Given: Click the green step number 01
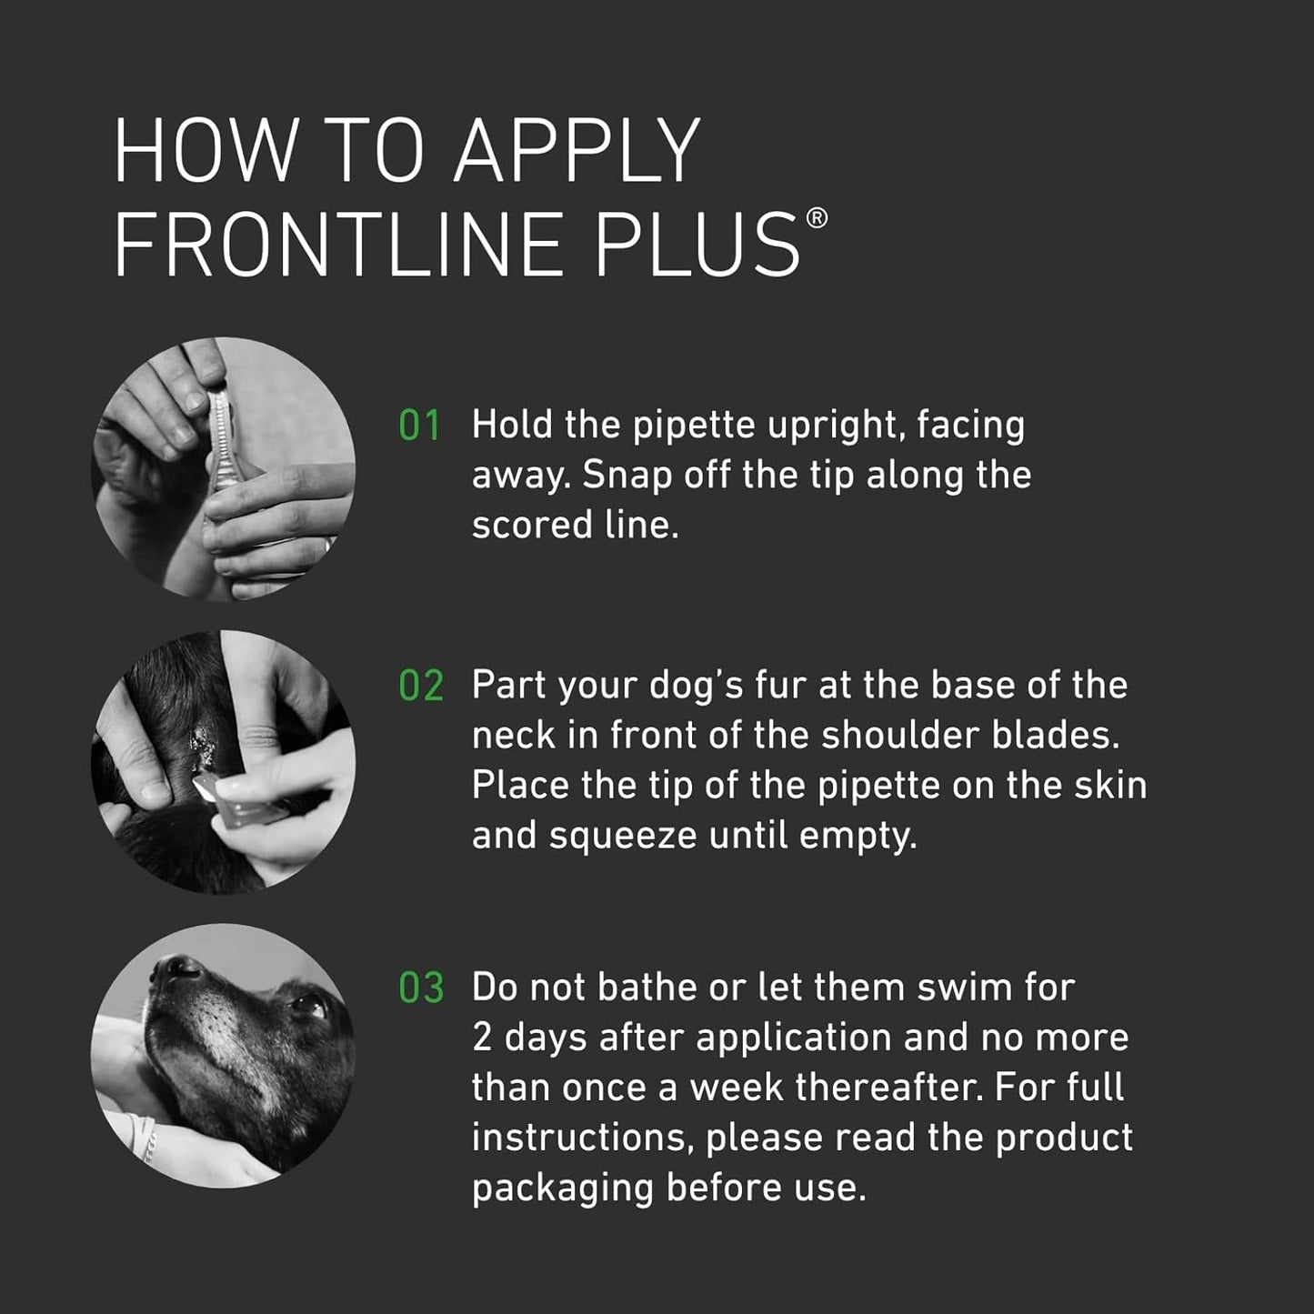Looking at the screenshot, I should [x=419, y=426].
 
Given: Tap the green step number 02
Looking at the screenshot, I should [x=421, y=687].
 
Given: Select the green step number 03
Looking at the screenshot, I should [x=421, y=988].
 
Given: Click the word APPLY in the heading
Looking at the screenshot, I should [x=577, y=151].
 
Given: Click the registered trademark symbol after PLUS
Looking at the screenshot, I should [x=817, y=218].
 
